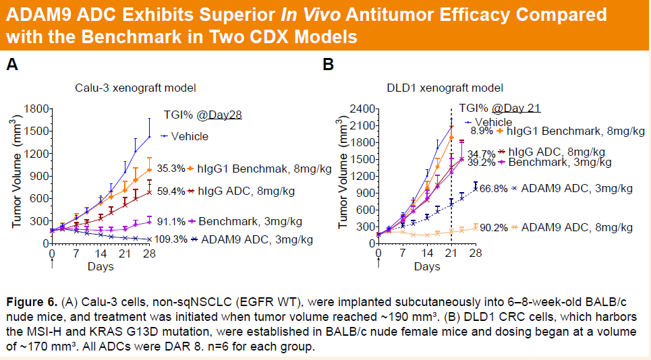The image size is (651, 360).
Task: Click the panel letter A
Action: coord(11,65)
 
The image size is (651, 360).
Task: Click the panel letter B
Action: coord(329,65)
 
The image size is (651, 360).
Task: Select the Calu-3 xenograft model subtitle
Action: coord(135,88)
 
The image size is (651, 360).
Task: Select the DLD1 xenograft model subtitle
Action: coord(445,88)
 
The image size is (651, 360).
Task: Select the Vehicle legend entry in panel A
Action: coord(190,136)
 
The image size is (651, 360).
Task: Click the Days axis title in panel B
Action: coord(427,267)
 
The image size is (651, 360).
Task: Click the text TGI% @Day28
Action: coord(202,115)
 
